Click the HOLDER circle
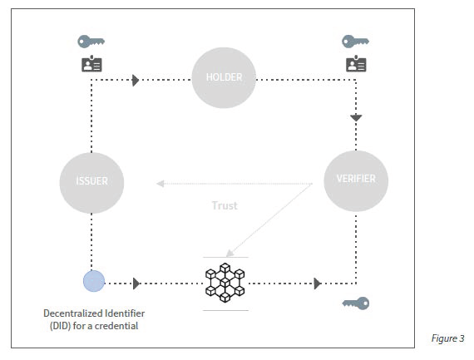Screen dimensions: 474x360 click(224, 77)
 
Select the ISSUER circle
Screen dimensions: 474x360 click(91, 183)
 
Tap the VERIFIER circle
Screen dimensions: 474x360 click(356, 180)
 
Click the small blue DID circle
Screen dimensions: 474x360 click(94, 281)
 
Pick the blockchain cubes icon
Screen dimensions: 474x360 click(225, 283)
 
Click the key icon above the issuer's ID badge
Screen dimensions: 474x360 click(91, 42)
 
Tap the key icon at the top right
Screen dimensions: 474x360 click(355, 42)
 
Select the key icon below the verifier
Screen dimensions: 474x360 click(356, 303)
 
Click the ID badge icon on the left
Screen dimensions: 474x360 click(91, 63)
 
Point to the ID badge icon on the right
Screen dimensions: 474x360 click(356, 63)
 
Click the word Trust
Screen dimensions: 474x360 click(225, 205)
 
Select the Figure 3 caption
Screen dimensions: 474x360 click(447, 338)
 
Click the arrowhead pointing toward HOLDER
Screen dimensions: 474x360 click(136, 80)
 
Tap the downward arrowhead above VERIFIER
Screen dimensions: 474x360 click(356, 117)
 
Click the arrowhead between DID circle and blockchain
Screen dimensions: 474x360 click(136, 284)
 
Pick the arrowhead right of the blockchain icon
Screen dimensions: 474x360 click(318, 284)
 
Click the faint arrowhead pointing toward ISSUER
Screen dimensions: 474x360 click(160, 184)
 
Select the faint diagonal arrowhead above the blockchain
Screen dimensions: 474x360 click(230, 253)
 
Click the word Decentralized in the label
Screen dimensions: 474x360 click(69, 313)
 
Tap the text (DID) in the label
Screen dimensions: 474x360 click(61, 326)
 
